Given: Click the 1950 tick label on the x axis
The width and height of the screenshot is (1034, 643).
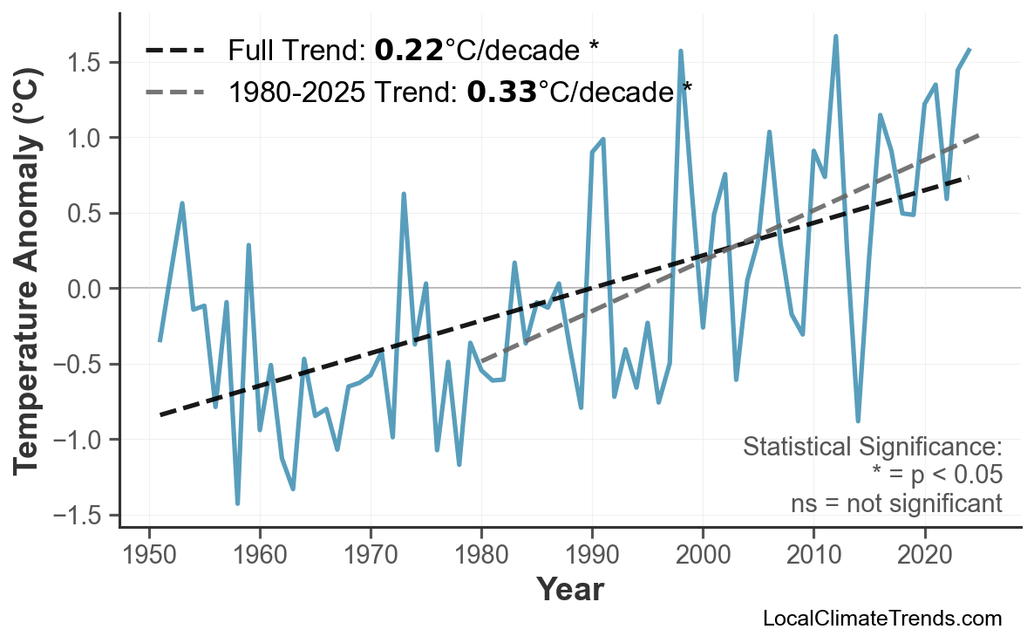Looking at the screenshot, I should coord(148,556).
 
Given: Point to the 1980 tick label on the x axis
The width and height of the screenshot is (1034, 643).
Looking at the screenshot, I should coord(481,556).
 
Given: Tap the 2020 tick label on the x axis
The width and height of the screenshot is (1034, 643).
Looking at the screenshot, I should coord(924,556).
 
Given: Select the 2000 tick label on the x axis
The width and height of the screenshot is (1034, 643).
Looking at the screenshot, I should coord(703,556).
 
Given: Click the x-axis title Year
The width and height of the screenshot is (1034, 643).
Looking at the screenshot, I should coord(569,590).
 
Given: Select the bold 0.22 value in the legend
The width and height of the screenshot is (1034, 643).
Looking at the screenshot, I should coord(409,50).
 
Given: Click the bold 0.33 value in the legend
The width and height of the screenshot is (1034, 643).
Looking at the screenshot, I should coord(501,91).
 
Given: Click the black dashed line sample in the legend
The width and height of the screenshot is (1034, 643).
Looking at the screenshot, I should coord(175,51).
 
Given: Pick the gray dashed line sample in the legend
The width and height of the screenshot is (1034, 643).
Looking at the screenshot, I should coord(175,91).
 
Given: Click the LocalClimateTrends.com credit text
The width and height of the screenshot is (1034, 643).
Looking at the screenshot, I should coord(881,619).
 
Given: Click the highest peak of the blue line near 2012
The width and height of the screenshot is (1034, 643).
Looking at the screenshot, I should coord(835,37).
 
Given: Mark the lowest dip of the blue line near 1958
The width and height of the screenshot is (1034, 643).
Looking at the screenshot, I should coord(237,503).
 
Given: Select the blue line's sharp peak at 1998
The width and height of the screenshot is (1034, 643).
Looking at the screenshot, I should coord(680,51).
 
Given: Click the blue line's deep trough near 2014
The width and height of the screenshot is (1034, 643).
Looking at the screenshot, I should coord(858,421).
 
